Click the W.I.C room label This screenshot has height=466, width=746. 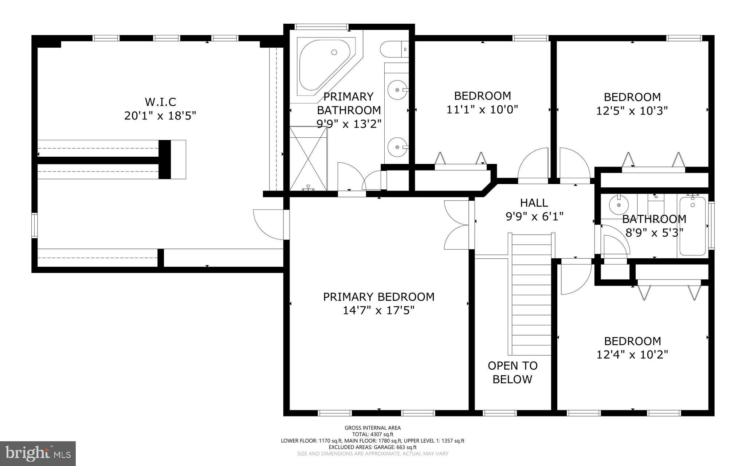pos(160,101)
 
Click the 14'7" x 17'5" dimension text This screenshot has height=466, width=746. pos(378,311)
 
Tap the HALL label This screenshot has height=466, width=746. pos(534,203)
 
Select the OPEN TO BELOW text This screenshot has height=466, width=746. pos(513,372)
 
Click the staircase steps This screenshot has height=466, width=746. pos(532,295)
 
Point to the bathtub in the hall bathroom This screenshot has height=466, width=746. pos(692,226)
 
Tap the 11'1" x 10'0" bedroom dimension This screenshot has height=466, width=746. pos(482,109)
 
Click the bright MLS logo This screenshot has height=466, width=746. pos(38,453)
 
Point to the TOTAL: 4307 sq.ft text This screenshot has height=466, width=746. pos(373,434)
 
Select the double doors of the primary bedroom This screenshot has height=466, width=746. pos(457,225)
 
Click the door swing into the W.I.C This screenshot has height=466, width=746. pos(268,224)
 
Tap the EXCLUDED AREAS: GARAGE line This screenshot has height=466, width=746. pos(373,447)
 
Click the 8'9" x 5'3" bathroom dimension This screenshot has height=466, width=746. pos(654,232)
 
